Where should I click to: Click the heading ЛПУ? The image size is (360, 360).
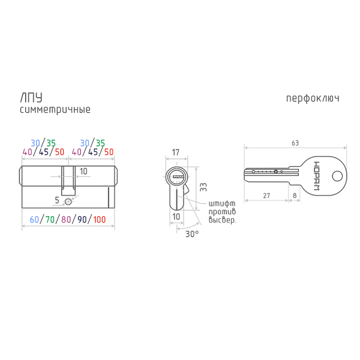point(31,98)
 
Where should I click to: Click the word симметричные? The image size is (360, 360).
point(55,110)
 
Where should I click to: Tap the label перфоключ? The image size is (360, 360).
point(313,98)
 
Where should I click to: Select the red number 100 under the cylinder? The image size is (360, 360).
point(100,220)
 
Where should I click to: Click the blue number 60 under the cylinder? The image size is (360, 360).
point(34,220)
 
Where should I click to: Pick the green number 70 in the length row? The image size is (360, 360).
point(50,220)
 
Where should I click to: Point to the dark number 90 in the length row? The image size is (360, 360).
point(82,220)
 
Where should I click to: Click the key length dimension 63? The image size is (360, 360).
point(295,143)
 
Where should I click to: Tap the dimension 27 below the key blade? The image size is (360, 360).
point(266,196)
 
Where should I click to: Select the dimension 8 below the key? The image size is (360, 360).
point(295,196)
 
